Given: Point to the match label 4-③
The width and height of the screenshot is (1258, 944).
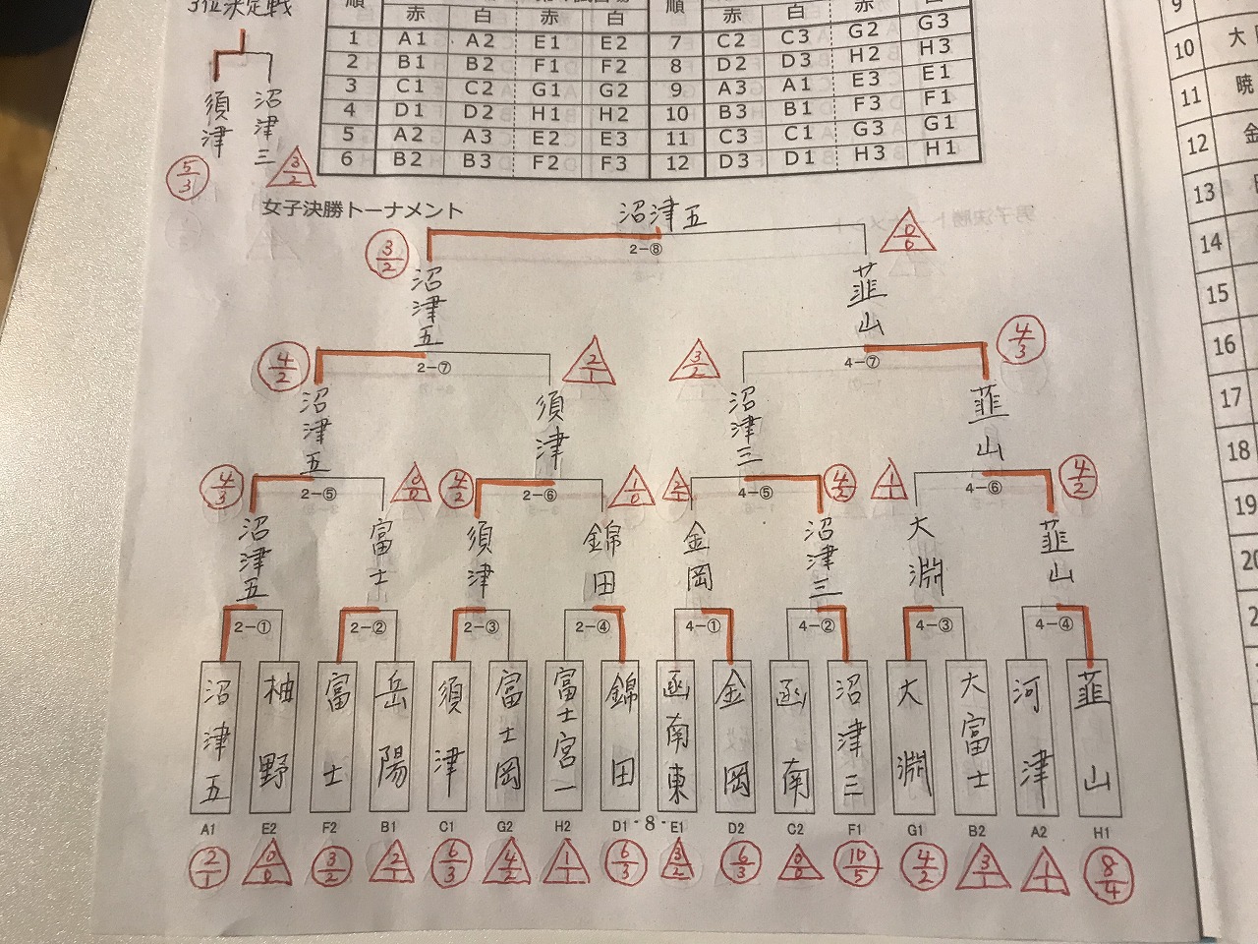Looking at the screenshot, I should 932,624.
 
